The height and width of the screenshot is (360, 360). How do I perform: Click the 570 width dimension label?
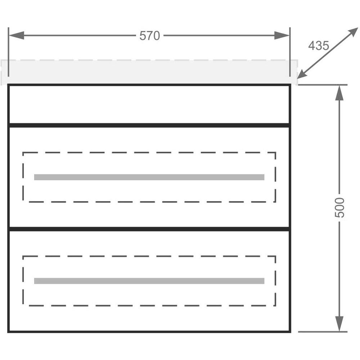150,36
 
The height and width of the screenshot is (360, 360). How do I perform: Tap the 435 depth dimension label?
319,45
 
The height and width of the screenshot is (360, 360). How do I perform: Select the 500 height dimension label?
340,208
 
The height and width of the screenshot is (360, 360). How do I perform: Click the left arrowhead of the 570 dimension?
17,35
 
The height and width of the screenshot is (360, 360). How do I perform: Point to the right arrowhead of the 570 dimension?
282,35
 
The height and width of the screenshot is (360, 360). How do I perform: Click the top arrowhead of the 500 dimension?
339,93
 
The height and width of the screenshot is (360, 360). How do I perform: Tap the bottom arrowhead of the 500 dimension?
339,324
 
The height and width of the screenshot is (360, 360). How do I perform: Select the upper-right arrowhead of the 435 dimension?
352,33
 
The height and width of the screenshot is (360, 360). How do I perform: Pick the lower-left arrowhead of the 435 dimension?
303,73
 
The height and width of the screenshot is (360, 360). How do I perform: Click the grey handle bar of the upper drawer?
149,177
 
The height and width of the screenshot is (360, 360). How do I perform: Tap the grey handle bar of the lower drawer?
149,281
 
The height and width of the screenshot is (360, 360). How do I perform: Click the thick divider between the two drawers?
149,229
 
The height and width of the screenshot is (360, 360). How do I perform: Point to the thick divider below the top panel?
149,125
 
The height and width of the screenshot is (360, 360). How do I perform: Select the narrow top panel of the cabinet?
149,104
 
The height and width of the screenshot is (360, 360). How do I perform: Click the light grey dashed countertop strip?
149,72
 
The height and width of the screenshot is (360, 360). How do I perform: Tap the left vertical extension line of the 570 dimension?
9,52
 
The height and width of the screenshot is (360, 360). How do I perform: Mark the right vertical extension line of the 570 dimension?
290,52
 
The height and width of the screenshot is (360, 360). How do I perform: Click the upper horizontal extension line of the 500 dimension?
323,85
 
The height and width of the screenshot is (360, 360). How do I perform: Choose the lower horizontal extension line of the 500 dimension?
323,332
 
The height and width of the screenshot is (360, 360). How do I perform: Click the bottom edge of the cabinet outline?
149,332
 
